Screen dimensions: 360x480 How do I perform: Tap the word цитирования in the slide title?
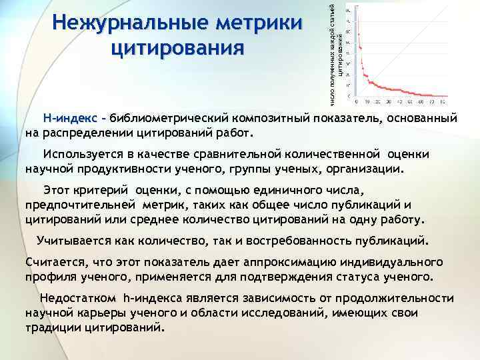tap(178, 48)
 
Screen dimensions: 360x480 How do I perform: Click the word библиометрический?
tap(168, 118)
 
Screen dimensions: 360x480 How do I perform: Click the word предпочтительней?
tap(79, 205)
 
